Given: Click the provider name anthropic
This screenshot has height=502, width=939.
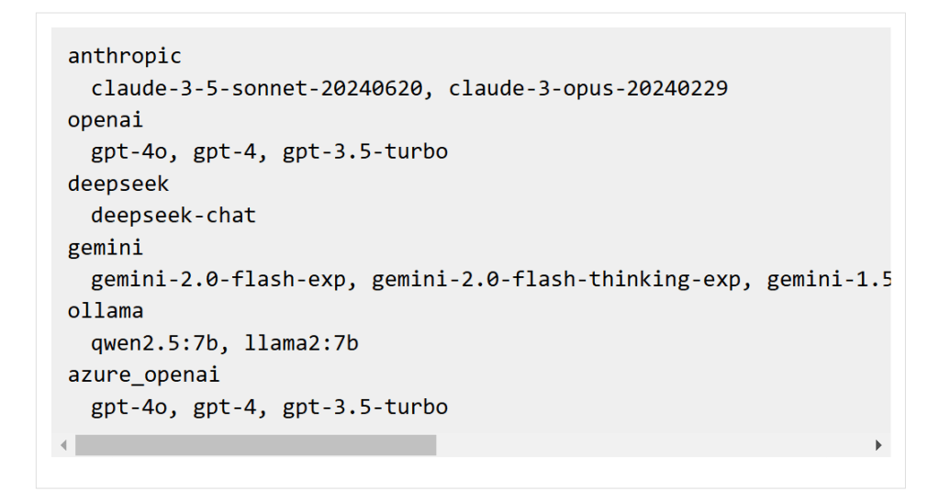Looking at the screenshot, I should [125, 57].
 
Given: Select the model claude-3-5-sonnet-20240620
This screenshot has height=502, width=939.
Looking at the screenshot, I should [257, 89].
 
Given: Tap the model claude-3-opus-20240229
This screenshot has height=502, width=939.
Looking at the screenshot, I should [588, 89].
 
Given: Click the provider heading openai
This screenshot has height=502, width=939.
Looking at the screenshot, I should [106, 120].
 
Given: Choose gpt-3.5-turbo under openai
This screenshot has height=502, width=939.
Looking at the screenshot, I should [365, 152].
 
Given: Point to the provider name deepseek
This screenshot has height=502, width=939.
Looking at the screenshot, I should [118, 184].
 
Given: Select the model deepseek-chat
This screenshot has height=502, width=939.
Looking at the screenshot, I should [173, 216].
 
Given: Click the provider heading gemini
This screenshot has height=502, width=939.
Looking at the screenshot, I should [106, 248].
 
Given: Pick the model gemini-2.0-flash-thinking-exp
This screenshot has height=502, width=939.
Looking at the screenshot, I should [563, 280].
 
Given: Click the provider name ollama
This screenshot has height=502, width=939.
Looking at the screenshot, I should [106, 311].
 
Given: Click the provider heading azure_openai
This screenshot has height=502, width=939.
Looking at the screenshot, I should [143, 375].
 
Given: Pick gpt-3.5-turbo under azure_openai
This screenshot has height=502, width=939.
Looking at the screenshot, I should [365, 407].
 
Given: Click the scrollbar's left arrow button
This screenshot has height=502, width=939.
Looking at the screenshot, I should [63, 445].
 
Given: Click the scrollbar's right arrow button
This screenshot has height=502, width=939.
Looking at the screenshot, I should [878, 445].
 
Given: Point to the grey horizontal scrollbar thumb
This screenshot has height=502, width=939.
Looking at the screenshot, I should [255, 445].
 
